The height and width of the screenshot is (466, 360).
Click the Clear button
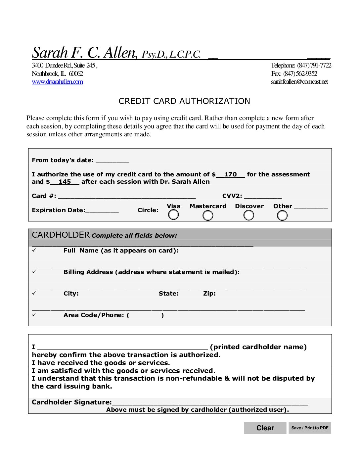point(265,428)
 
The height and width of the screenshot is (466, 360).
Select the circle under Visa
point(173,215)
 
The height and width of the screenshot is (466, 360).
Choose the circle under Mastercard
point(208,215)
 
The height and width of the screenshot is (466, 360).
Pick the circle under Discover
point(249,215)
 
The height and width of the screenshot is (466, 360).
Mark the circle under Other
point(282,215)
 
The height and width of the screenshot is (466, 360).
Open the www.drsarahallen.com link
point(57,82)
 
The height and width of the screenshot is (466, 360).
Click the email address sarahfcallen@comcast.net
point(299,82)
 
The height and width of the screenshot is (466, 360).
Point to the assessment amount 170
point(230,174)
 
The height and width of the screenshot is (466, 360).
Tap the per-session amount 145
point(65,182)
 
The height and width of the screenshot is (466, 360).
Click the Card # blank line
point(127,196)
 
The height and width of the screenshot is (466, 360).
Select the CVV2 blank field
point(263,196)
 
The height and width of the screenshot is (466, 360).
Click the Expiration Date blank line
point(102,210)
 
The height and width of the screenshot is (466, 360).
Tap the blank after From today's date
point(112,161)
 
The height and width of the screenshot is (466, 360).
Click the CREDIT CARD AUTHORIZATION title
point(184,101)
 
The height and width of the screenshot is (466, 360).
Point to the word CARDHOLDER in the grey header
point(61,235)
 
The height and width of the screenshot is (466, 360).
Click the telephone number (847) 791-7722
point(314,65)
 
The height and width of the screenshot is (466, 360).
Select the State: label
point(168,294)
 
